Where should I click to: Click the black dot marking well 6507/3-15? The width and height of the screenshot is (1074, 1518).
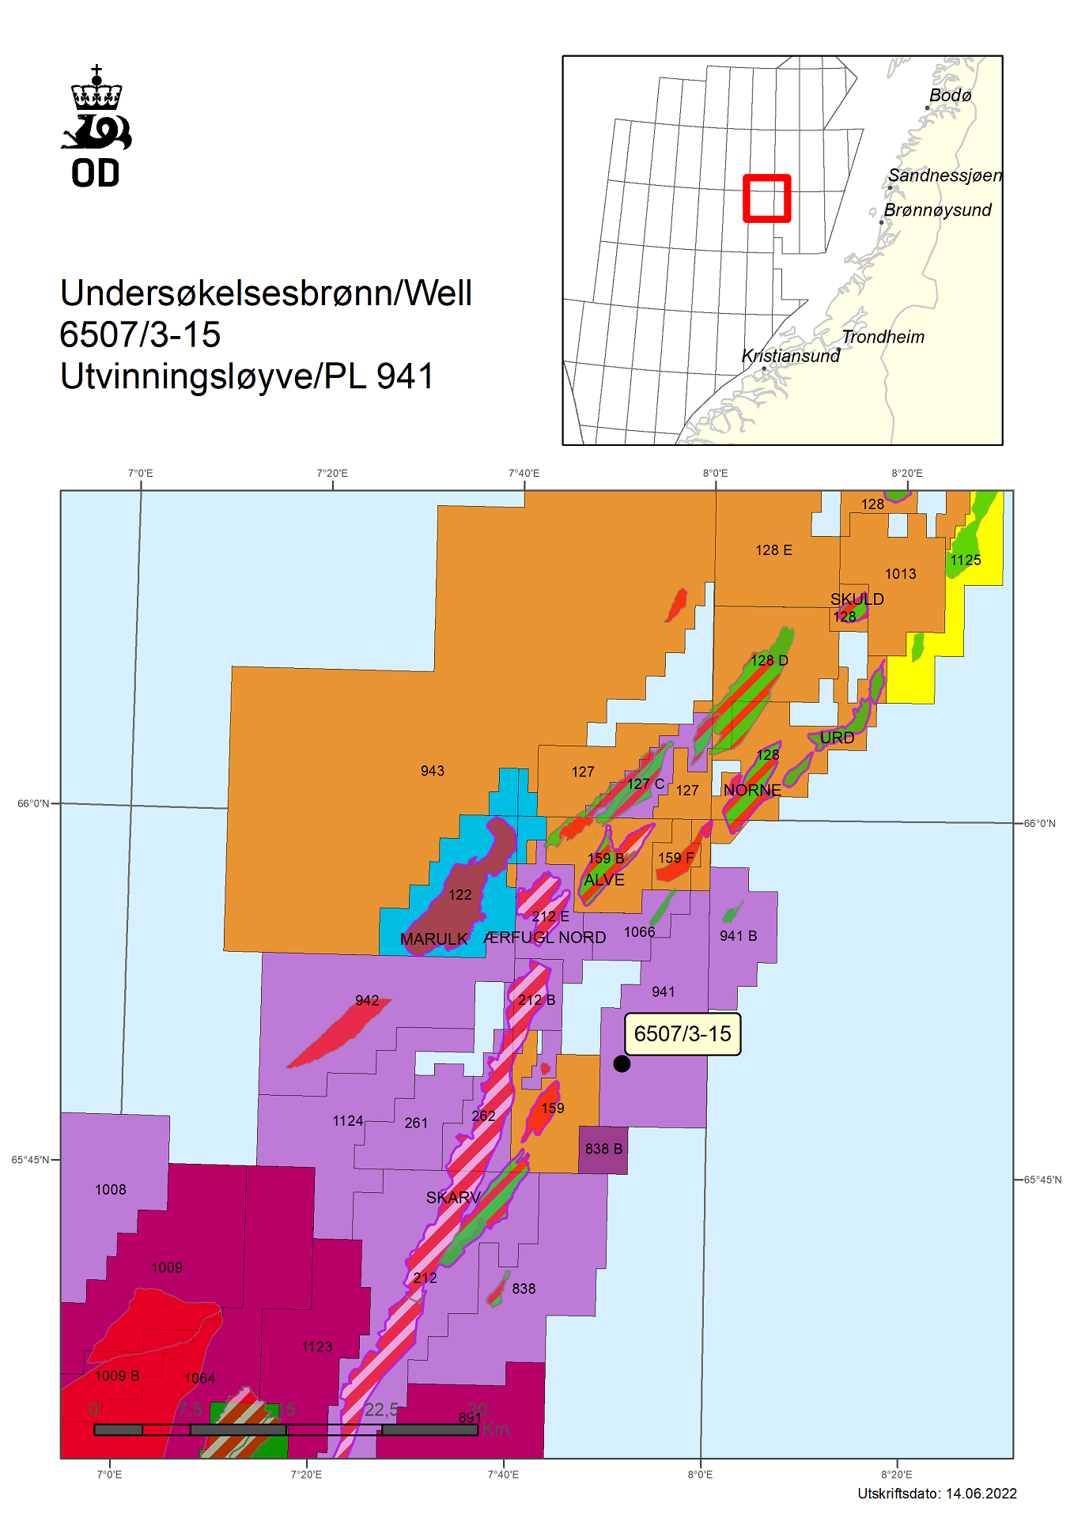coord(622,1063)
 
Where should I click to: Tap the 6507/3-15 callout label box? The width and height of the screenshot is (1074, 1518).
coord(683,1033)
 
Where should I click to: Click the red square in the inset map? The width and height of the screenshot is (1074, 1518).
coord(766,198)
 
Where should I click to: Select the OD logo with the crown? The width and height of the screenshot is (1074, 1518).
coord(96,126)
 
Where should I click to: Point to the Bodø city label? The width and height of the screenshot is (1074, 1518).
coord(950,95)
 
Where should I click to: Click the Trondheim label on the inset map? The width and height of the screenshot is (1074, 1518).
coord(883,337)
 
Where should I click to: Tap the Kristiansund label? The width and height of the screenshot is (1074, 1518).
coord(790,356)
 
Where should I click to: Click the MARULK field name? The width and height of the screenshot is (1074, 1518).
coord(433,939)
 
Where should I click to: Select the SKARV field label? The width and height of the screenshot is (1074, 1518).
coord(453,1197)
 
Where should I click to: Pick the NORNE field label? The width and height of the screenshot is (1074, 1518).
coord(752,790)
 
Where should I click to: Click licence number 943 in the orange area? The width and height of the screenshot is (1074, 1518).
coord(433,771)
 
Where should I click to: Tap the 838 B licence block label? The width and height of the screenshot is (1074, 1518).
coord(603,1149)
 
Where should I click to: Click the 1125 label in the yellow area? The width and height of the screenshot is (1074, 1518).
coord(965,561)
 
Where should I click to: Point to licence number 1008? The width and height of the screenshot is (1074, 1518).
coord(111,1190)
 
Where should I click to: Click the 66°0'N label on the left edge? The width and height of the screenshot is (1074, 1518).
coord(33,803)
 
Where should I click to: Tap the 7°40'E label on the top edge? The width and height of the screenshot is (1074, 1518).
coord(524,473)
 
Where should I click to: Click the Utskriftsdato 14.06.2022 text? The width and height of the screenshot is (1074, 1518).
coord(937,1493)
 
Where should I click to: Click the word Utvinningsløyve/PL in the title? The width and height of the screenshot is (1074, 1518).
coord(214,376)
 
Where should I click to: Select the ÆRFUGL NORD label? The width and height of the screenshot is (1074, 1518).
coord(545,938)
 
